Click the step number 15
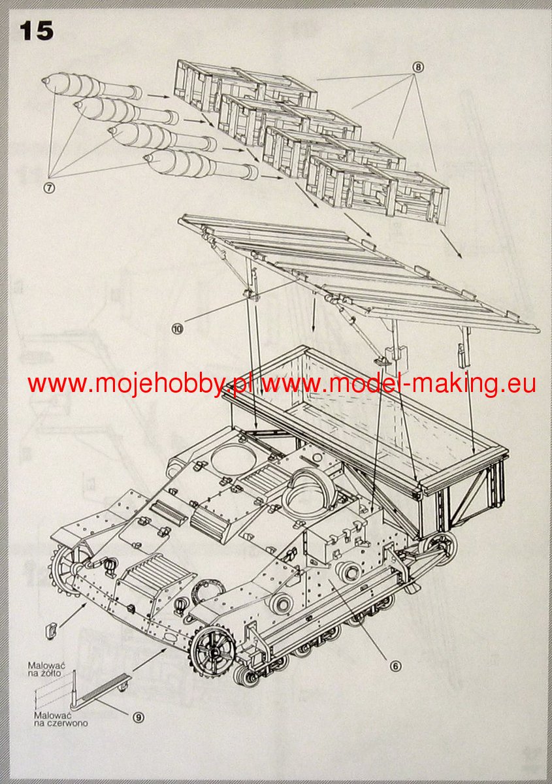(37, 30)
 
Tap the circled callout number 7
(49, 187)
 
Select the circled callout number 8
(418, 67)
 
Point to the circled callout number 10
(177, 329)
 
